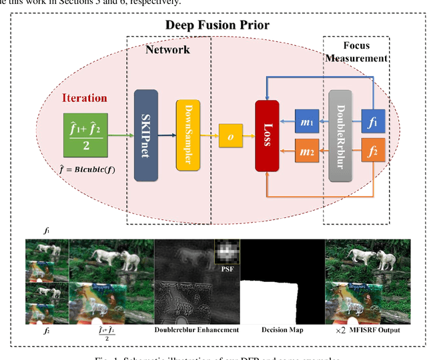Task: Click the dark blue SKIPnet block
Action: [x=145, y=136]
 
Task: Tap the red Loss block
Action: [x=267, y=137]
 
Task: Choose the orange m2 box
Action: [x=308, y=152]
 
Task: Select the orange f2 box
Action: [x=373, y=152]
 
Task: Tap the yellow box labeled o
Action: [x=230, y=136]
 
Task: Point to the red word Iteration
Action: [x=84, y=97]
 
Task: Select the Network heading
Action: [x=167, y=49]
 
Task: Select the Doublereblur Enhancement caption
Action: [x=196, y=329]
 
